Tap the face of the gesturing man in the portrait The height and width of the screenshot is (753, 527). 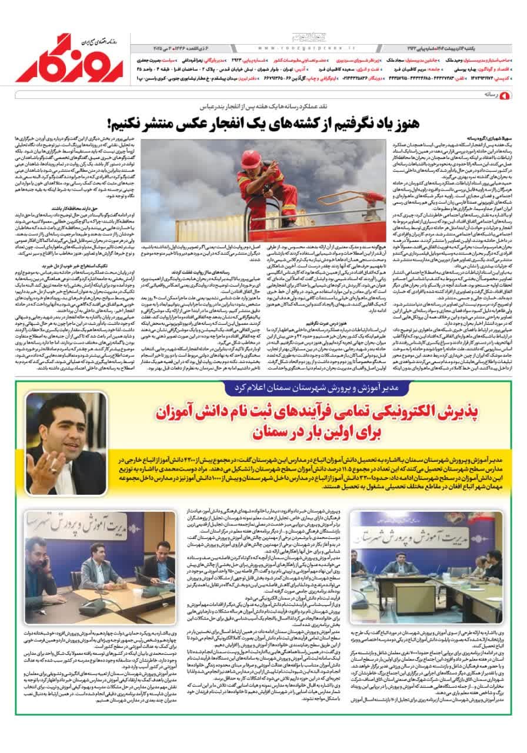coord(61,414)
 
